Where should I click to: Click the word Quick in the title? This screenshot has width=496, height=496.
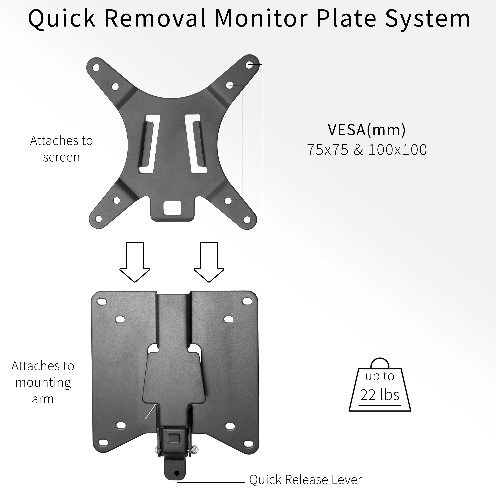62,19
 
